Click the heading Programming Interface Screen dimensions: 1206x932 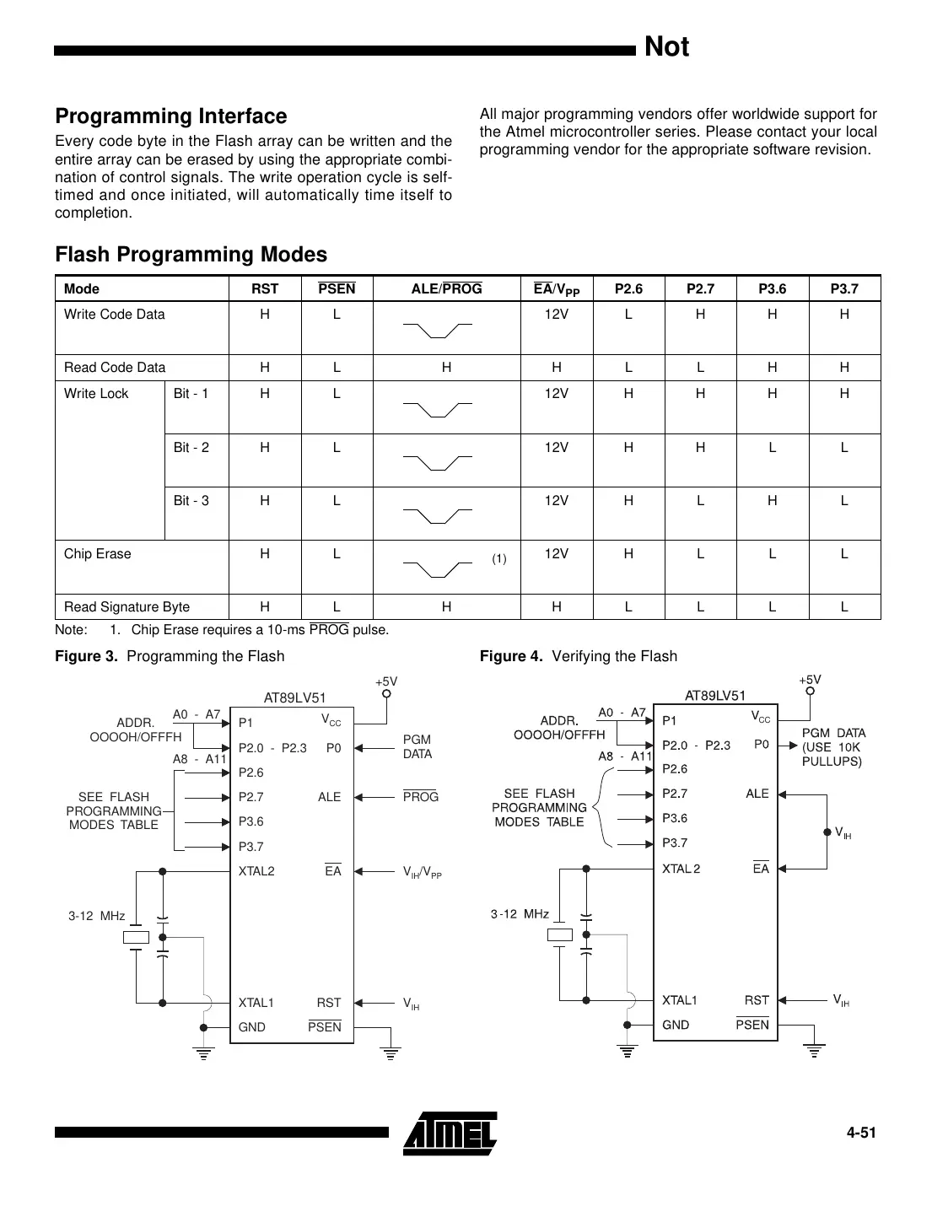tap(170, 116)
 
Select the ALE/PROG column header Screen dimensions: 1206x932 tap(446, 289)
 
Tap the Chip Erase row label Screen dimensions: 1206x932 tap(98, 554)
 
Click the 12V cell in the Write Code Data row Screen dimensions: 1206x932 tap(556, 315)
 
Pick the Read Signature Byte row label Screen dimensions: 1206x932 tap(127, 607)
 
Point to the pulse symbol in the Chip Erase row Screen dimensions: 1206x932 tap(437, 568)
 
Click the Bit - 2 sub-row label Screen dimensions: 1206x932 tap(191, 448)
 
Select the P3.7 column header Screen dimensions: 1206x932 tap(843, 289)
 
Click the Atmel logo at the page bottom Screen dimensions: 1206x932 tap(450, 1133)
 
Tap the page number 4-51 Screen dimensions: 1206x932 tap(861, 1133)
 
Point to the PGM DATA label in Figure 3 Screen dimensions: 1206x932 tap(417, 746)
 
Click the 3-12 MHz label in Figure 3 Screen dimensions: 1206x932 tap(96, 916)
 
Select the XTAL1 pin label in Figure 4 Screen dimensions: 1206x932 tap(679, 1000)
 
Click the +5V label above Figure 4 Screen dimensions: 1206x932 tap(810, 680)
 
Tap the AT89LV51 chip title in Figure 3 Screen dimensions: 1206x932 tap(294, 697)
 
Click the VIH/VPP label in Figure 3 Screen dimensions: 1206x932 tap(422, 872)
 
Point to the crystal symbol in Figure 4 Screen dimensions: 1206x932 tap(559, 934)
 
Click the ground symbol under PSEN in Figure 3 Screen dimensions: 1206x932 tap(390, 1052)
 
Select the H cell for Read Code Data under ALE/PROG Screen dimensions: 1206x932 tap(446, 368)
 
